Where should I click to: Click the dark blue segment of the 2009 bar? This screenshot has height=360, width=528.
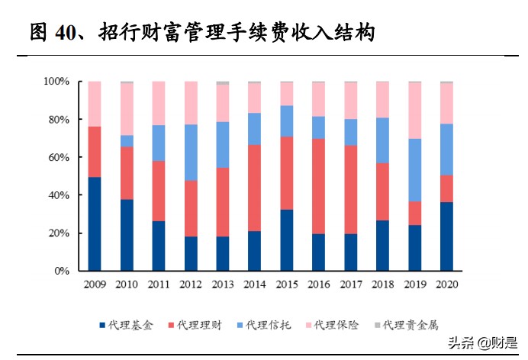click(95, 223)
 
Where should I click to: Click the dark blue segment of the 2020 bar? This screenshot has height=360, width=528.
click(446, 236)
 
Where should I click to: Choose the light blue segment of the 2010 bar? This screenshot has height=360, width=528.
click(127, 140)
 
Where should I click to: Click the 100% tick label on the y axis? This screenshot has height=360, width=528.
click(56, 82)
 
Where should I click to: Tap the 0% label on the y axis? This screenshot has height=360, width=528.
click(63, 271)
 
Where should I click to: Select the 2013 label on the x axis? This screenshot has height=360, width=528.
click(222, 285)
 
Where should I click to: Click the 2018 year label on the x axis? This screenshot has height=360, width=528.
click(382, 285)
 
